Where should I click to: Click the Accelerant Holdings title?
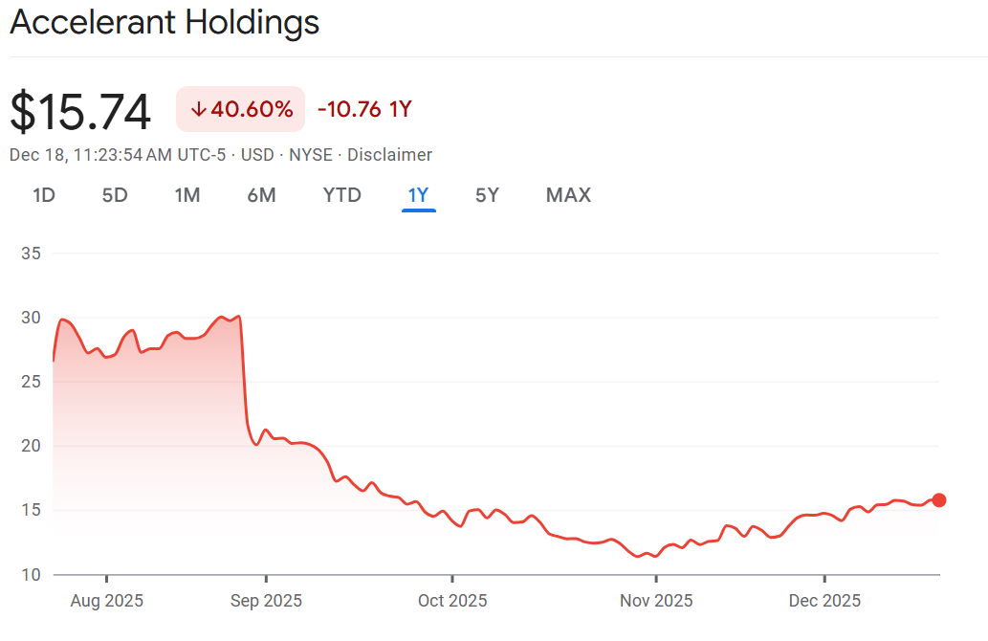(165, 23)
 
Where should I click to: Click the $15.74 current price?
(80, 112)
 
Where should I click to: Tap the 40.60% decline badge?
(241, 109)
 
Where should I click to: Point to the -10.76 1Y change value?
(363, 109)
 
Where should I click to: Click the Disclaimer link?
(389, 155)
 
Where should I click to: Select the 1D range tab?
(44, 195)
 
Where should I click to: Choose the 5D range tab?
(115, 195)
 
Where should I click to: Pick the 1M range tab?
(187, 195)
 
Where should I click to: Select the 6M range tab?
(261, 195)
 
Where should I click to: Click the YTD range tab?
(341, 195)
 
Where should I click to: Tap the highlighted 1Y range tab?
(418, 195)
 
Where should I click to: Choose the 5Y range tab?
(487, 195)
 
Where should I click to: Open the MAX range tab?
(568, 195)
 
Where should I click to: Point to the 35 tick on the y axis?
(31, 254)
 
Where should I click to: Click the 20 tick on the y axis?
(31, 446)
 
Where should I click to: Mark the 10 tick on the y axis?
(31, 574)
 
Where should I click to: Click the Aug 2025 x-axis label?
(106, 601)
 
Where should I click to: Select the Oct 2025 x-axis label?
(451, 601)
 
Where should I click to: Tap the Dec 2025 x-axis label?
(823, 601)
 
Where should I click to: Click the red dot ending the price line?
(939, 500)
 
